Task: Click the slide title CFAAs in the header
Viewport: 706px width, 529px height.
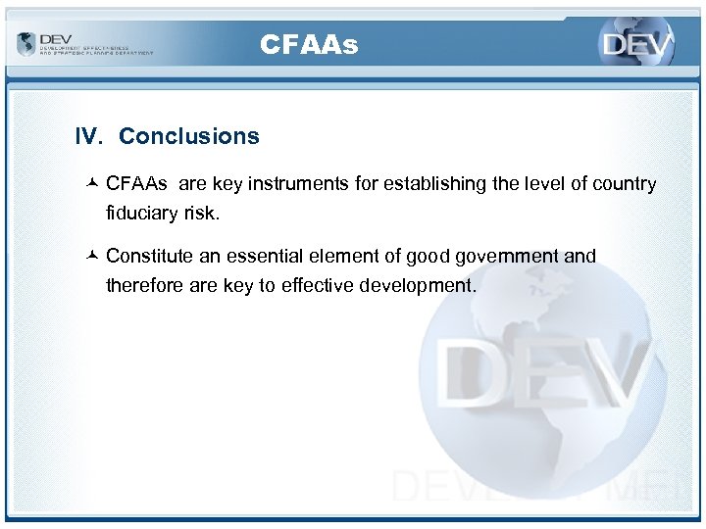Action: [309, 44]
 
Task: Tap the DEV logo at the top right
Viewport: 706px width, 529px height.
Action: [636, 45]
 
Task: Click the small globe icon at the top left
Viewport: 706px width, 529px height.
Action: [25, 44]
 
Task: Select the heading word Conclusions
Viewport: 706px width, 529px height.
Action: [189, 136]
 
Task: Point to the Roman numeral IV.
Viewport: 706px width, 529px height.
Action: [89, 136]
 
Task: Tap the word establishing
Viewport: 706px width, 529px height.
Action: [430, 184]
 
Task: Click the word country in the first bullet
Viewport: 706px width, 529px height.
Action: [621, 184]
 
